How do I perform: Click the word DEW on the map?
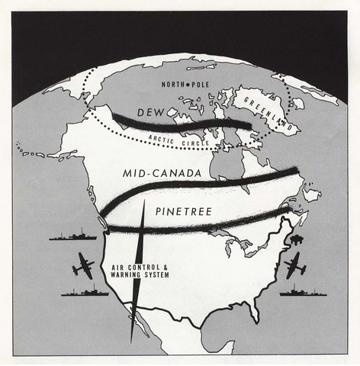[150, 114]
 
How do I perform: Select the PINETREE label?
[183, 207]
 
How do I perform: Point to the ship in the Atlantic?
[302, 290]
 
